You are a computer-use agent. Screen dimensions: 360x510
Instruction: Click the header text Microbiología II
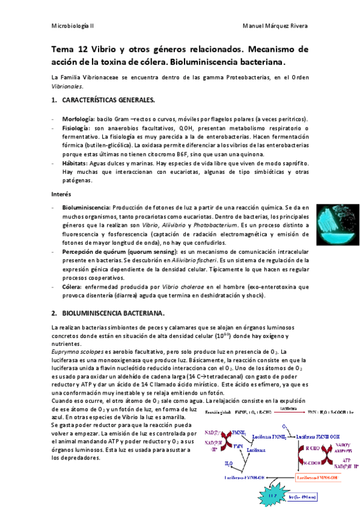75,27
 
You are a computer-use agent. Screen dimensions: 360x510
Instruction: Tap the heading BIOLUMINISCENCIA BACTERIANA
114,313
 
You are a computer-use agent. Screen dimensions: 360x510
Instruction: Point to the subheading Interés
61,195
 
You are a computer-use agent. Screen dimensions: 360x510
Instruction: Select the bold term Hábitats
76,163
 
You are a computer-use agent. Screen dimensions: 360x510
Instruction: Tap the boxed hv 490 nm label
307,496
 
